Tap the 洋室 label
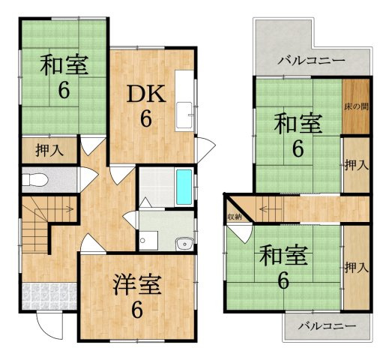[136, 285]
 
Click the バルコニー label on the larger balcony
[310, 61]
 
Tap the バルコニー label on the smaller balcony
[327, 325]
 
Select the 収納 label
[235, 217]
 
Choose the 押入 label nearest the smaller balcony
[356, 267]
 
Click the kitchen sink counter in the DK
[184, 101]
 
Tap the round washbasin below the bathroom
[182, 243]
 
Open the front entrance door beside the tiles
[45, 323]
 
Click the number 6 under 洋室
[136, 309]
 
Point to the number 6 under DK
[146, 118]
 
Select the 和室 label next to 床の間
[298, 122]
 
